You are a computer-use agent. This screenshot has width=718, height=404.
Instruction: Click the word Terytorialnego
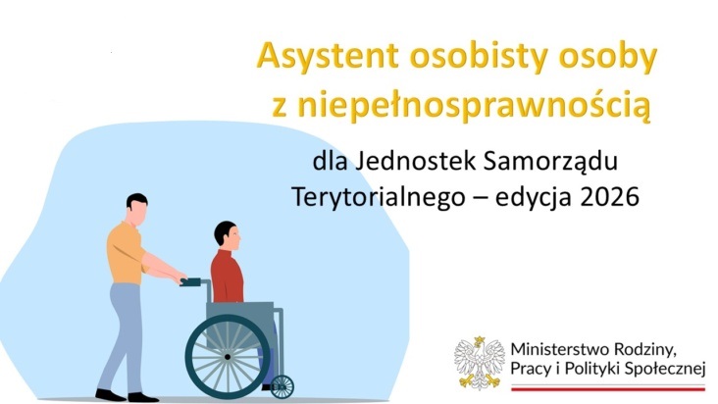pyautogui.click(x=379, y=198)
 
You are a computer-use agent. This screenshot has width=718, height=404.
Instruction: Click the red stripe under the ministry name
pyautogui.click(x=608, y=389)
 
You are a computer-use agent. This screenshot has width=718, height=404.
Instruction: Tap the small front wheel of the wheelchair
pyautogui.click(x=282, y=386)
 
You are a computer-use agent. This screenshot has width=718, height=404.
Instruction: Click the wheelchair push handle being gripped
pyautogui.click(x=190, y=282)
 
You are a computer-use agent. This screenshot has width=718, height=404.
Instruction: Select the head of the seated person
pyautogui.click(x=228, y=235)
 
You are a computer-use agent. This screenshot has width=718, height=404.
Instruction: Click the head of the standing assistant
pyautogui.click(x=137, y=208)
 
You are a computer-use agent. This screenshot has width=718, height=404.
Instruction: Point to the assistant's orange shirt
pyautogui.click(x=125, y=254)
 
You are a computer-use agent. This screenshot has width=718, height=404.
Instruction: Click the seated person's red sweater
pyautogui.click(x=227, y=277)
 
